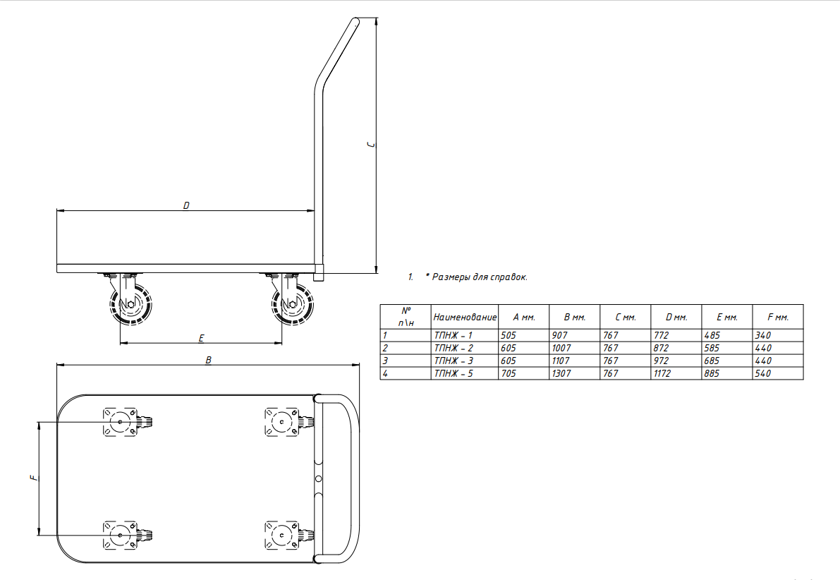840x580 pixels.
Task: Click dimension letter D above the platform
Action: [186, 205]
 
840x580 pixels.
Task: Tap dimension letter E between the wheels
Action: [202, 338]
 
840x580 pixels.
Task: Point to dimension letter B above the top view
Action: [208, 361]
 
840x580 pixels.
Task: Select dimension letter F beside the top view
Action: [35, 478]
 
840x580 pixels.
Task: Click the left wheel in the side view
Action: [130, 304]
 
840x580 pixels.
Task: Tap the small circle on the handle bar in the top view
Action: [318, 478]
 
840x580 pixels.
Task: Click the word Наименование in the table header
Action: [465, 318]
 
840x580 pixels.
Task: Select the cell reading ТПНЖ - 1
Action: [454, 336]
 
